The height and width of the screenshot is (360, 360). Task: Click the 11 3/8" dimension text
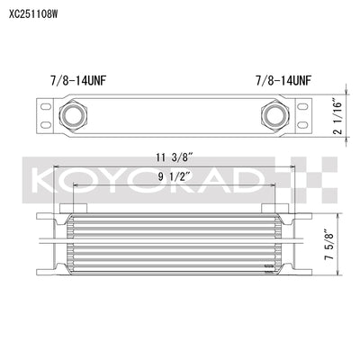pos(169,154)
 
